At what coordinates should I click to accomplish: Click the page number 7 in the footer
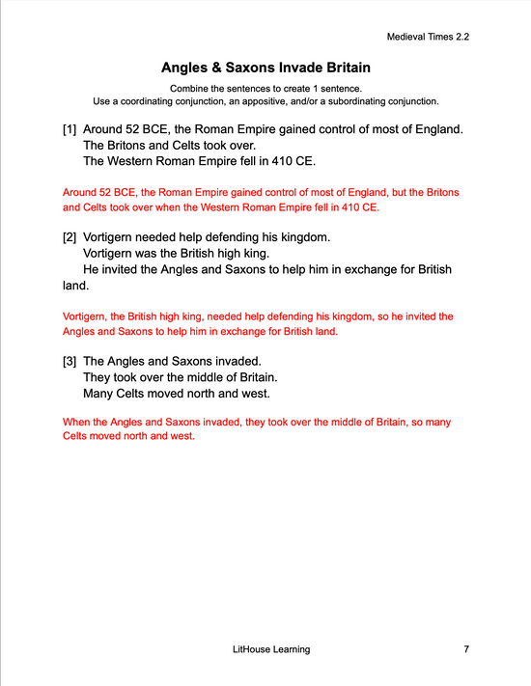[x=466, y=649]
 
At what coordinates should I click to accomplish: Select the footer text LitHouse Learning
[x=265, y=649]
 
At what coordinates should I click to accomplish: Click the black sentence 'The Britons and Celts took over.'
[x=169, y=145]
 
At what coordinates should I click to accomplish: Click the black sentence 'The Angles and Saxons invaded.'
[x=173, y=360]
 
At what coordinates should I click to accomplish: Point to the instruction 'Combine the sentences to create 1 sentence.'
[x=265, y=89]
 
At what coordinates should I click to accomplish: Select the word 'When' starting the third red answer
[x=75, y=423]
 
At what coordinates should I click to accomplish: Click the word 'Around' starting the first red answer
[x=79, y=193]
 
